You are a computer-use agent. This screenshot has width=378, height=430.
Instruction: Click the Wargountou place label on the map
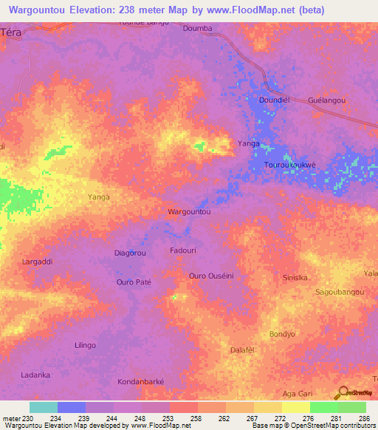click(x=190, y=211)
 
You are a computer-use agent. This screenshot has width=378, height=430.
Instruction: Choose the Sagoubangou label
click(x=340, y=292)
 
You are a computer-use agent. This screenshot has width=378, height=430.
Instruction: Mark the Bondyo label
click(x=282, y=334)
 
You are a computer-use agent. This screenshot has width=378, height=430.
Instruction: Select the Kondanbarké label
click(x=140, y=382)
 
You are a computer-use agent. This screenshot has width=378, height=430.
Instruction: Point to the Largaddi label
click(x=37, y=262)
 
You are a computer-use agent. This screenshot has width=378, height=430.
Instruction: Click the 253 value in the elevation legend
click(x=155, y=418)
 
